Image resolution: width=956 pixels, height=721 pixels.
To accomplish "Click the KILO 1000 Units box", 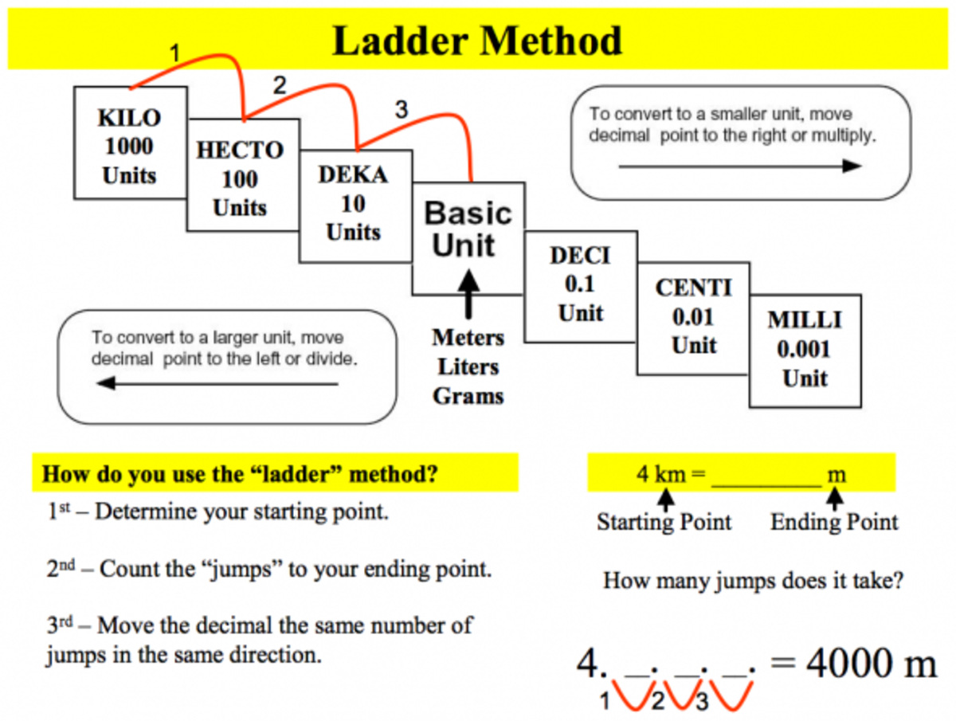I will point(130,145).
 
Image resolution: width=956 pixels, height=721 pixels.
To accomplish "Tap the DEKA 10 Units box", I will point(353,204).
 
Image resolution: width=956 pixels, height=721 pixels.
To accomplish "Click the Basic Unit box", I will point(468,229).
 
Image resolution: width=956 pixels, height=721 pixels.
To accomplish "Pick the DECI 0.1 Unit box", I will point(580,284).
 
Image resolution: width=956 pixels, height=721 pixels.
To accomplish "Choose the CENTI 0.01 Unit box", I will point(693,317).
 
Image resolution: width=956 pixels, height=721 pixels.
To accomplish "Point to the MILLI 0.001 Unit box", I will point(805,349).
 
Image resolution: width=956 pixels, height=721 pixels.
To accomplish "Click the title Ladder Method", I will point(477,41).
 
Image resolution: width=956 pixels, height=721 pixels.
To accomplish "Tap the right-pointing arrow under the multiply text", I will point(740,166).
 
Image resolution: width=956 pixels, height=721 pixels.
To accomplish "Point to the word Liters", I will point(468,367).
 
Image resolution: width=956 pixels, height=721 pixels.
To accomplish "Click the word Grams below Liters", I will point(468,396).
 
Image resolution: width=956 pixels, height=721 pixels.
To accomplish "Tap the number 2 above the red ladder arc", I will point(280,87).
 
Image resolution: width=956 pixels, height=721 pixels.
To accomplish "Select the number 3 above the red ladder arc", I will point(401,111).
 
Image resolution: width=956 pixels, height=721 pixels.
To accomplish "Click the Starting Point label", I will point(664,523).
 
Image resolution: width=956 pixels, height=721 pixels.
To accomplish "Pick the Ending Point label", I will point(834,523).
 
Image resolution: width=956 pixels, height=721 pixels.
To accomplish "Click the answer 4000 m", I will point(872,664).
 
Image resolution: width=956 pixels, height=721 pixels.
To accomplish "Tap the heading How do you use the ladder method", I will point(240,475).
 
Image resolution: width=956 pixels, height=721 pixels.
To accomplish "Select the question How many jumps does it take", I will point(753,580).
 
